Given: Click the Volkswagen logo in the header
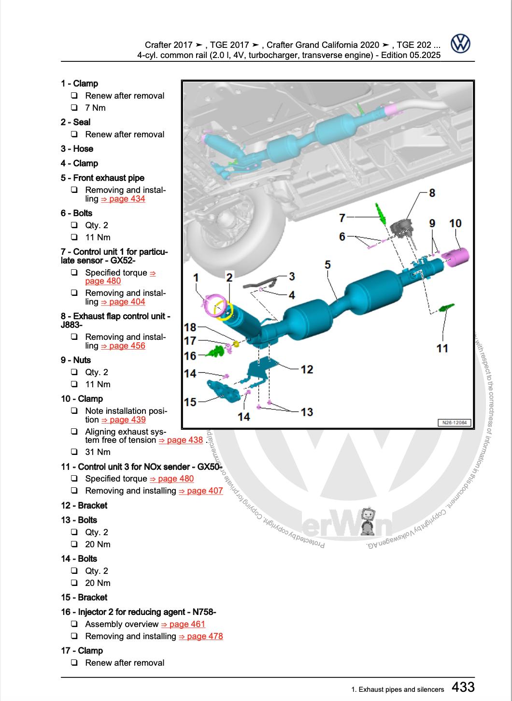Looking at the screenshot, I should point(460,44).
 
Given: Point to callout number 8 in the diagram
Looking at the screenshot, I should point(432,193).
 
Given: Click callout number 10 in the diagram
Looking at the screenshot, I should point(455,223).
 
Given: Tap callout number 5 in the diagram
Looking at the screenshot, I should point(327,264).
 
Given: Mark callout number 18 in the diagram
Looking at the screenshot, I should point(190,327).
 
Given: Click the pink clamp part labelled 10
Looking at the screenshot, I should point(457,257).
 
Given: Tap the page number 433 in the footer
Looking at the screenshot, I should point(463,687).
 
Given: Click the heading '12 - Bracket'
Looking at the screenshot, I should point(84,505).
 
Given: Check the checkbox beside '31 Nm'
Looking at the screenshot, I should point(74,452).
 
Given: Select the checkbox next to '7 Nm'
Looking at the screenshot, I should point(74,108).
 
